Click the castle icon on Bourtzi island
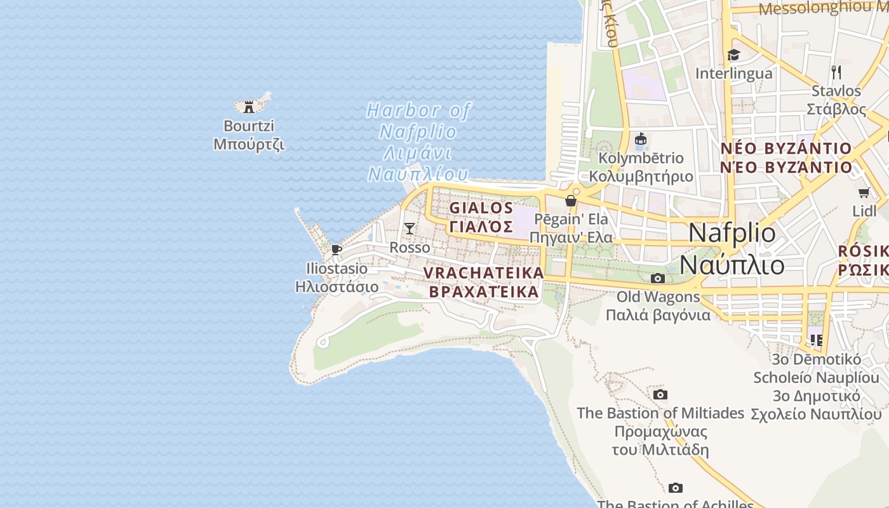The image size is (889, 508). pos(249,107)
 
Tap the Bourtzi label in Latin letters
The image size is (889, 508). pos(249,126)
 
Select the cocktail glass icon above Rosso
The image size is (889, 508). pos(410,228)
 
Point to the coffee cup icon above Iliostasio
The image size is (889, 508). pos(337,250)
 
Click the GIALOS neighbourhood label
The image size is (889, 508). pos(481,208)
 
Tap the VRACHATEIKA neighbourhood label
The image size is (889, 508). pos(484,273)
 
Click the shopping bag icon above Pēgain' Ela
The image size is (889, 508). pos(571,201)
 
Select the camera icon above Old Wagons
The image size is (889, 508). pos(658,278)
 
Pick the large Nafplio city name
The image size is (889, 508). pos(732,233)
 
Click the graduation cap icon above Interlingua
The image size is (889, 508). pos(733,55)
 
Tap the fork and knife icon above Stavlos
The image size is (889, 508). pos(836,72)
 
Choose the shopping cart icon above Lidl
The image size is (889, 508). pos(864,192)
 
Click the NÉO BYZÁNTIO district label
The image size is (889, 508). pos(785,149)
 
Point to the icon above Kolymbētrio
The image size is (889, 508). pos(641,139)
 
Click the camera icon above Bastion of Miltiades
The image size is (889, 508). pos(660,395)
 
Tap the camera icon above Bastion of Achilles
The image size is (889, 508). pos(676,488)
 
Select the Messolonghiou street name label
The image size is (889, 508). pos(823,8)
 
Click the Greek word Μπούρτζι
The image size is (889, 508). pos(249,144)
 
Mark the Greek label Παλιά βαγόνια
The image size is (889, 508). pos(658,315)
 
